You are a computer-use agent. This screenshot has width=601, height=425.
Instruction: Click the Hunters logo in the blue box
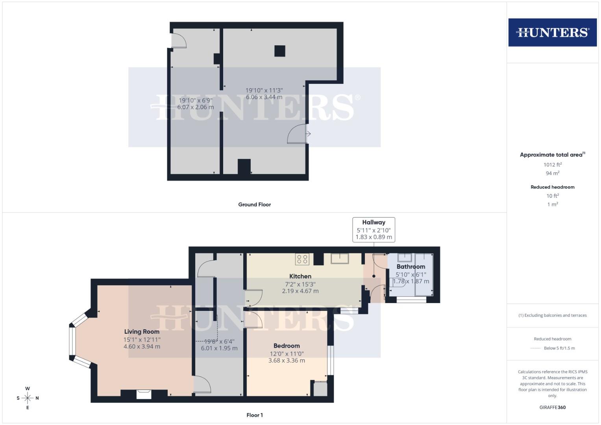point(552,32)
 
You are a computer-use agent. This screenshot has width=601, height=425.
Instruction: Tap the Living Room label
point(142,332)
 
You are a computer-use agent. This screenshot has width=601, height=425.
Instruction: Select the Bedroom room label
point(287,346)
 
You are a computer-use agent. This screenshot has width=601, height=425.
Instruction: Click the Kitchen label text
point(300,276)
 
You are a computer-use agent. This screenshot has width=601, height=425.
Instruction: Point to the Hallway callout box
point(374,229)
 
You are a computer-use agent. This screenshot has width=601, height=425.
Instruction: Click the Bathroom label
point(411,266)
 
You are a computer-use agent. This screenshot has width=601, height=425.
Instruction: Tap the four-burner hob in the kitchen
point(302,259)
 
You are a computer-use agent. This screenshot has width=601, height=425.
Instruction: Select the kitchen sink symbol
point(339,259)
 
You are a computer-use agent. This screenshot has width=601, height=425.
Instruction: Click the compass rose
point(28,398)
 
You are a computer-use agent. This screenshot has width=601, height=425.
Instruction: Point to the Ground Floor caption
point(254,205)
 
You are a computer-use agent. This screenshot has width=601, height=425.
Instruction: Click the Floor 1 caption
point(255,415)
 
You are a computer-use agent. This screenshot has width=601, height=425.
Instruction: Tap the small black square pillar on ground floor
point(279,51)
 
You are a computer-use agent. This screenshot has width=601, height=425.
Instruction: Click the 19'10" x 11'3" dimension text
point(264,90)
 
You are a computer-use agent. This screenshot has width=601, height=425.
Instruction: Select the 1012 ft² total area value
point(552,165)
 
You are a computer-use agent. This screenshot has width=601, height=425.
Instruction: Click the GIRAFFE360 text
point(552,407)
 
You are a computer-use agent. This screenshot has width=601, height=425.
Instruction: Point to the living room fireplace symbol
point(144,394)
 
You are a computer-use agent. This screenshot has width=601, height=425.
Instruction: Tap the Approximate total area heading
point(552,155)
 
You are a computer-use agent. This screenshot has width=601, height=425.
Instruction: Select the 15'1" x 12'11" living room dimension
point(142,340)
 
